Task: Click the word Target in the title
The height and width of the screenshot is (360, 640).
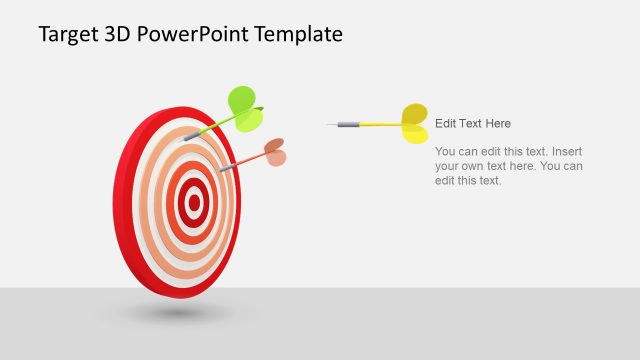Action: (67, 34)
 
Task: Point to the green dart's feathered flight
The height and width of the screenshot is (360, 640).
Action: (245, 108)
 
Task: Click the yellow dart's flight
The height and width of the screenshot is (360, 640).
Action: (414, 123)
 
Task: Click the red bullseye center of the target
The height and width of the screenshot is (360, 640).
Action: (194, 204)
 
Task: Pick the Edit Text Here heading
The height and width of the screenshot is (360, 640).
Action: (473, 124)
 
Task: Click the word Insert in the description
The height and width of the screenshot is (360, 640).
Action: (566, 151)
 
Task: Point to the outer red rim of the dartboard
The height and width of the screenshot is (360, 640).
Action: (126, 200)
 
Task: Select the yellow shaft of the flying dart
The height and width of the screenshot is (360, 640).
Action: (379, 125)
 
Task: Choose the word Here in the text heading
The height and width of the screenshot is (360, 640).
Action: (497, 124)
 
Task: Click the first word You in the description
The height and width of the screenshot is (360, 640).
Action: (446, 151)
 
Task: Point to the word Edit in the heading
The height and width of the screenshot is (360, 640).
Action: (446, 124)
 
